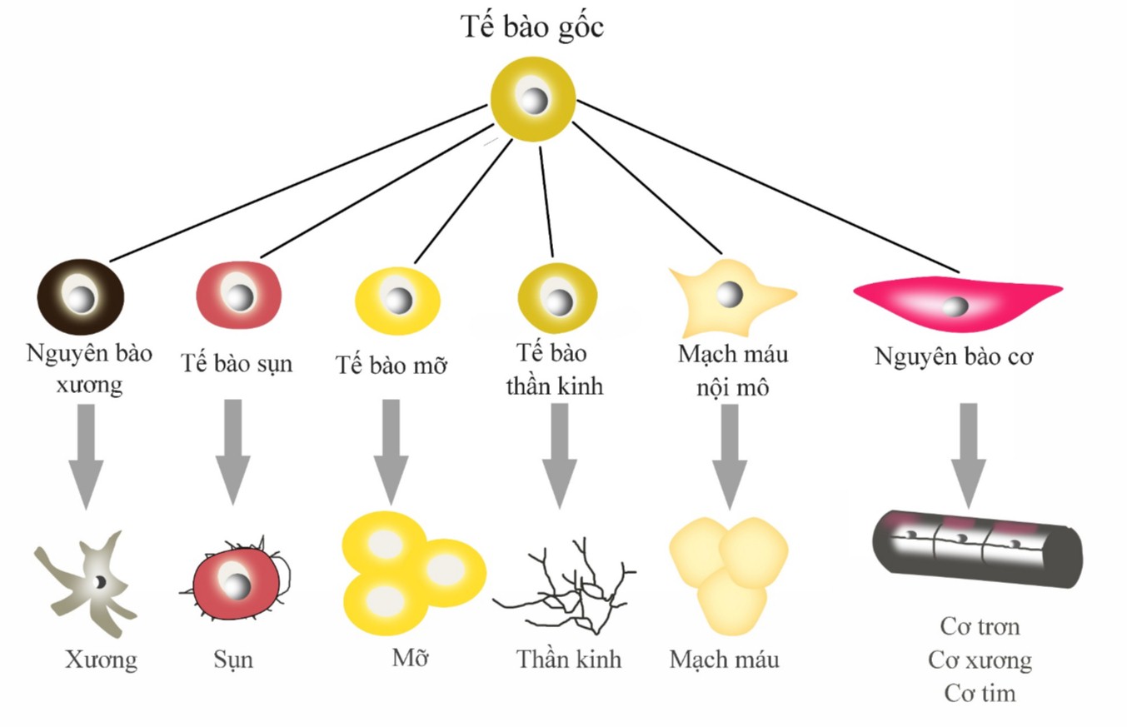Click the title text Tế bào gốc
pyautogui.click(x=532, y=27)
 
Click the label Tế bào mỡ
pyautogui.click(x=391, y=365)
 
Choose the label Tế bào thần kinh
pyautogui.click(x=554, y=371)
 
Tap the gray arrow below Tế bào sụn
pyautogui.click(x=233, y=450)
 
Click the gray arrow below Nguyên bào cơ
pyautogui.click(x=968, y=454)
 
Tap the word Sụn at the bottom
pyautogui.click(x=232, y=660)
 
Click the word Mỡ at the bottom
pyautogui.click(x=410, y=658)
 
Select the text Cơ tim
pyautogui.click(x=980, y=693)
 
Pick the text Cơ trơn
pyautogui.click(x=980, y=626)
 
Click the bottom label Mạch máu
pyautogui.click(x=724, y=660)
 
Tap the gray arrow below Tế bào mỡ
pyautogui.click(x=391, y=450)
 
